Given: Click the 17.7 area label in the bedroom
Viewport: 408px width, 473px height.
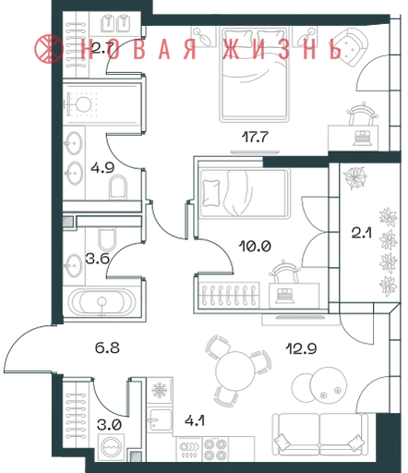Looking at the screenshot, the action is [255, 137].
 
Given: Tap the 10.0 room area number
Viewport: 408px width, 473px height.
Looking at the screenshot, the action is [255, 246].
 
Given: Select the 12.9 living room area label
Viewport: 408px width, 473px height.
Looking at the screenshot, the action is [301, 348].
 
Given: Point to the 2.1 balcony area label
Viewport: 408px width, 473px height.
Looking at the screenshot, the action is [362, 233].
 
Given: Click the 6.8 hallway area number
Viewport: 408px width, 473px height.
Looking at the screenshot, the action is [107, 348].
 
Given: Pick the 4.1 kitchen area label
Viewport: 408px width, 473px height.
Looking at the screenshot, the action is [195, 420].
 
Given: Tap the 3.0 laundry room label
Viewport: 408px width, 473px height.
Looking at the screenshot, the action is [109, 425].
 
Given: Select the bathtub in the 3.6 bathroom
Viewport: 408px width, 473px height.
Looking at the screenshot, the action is [102, 302].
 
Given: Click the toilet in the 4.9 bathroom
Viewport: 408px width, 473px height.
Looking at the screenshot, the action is [118, 187].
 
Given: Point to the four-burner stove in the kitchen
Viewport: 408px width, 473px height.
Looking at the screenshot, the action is [216, 449].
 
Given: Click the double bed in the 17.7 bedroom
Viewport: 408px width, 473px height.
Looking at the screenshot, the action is [254, 74].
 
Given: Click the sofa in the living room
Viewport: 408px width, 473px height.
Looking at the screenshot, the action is [320, 435].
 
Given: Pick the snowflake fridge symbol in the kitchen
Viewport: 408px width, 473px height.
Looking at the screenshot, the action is [160, 390].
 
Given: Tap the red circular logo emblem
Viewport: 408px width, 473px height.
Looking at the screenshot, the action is [48, 49].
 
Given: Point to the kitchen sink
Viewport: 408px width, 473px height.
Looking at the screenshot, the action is [159, 418].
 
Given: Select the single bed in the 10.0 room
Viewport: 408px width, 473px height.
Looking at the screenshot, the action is [245, 193].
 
